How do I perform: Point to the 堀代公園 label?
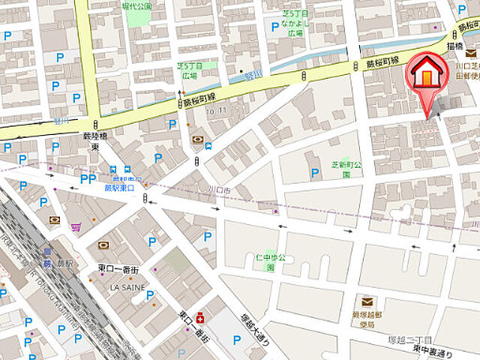(x=138, y=6)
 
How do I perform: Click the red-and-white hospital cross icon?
(x=199, y=318)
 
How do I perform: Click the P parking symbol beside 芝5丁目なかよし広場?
(x=275, y=27)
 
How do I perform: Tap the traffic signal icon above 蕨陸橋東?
(x=96, y=124)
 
